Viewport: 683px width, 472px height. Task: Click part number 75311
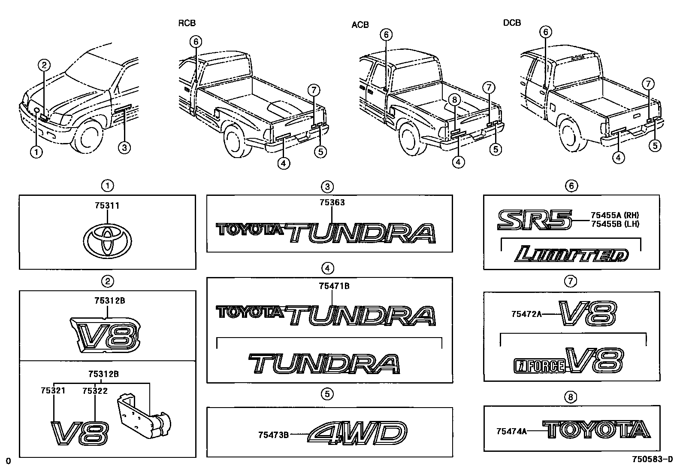[107, 206]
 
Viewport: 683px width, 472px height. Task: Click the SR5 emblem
[535, 219]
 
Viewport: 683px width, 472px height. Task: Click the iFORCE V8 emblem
[568, 360]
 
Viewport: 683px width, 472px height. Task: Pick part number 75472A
[526, 314]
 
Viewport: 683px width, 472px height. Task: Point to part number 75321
[53, 391]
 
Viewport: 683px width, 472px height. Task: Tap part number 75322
[95, 391]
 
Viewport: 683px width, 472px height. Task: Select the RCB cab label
[187, 24]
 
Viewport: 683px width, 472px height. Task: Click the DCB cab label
[512, 23]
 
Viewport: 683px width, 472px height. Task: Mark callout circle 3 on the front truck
[124, 148]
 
